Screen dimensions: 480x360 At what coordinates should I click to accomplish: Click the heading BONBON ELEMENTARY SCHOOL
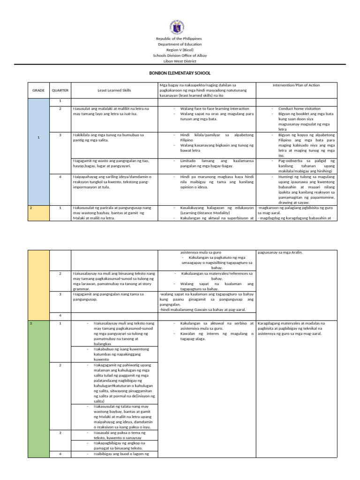[x=180, y=73]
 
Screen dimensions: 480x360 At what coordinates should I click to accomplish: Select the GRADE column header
[x=38, y=90]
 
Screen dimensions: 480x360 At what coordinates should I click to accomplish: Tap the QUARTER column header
[x=60, y=90]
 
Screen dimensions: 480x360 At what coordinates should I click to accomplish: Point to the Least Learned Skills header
[x=114, y=90]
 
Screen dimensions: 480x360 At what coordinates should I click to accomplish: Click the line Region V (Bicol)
[x=180, y=50]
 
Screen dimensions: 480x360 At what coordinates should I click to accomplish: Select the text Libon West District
[x=180, y=61]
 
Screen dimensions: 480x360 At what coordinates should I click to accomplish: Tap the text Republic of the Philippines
[x=180, y=38]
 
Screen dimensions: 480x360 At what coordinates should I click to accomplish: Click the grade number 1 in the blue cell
[x=38, y=137]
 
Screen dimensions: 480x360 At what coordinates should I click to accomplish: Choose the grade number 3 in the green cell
[x=31, y=323]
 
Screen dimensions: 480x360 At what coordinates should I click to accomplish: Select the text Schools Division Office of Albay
[x=180, y=55]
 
